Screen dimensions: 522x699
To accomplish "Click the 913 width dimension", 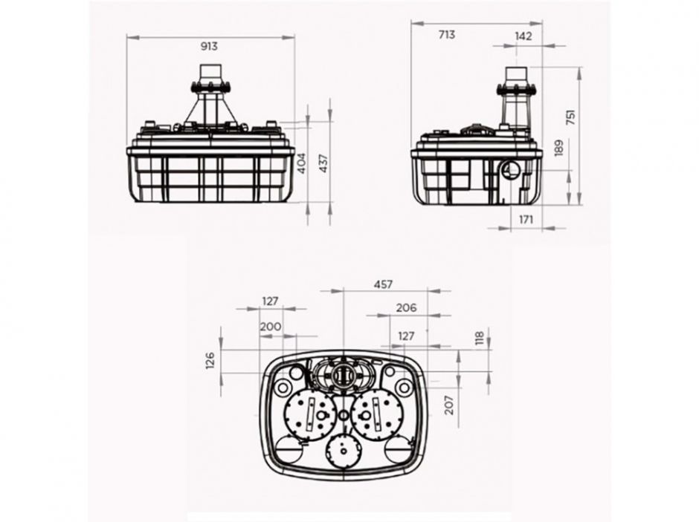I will point(209,46).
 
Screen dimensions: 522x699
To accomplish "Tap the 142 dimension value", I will point(523,34).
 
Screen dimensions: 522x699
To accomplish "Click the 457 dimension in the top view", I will point(382,284).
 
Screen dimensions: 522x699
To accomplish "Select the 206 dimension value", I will point(406,307).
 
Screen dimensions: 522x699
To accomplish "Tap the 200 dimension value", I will point(271,326).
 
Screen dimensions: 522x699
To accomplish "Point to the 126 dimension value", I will point(210,360).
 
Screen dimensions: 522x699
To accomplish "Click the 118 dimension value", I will point(480,339).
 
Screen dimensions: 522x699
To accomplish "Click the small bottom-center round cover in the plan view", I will point(343,448).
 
